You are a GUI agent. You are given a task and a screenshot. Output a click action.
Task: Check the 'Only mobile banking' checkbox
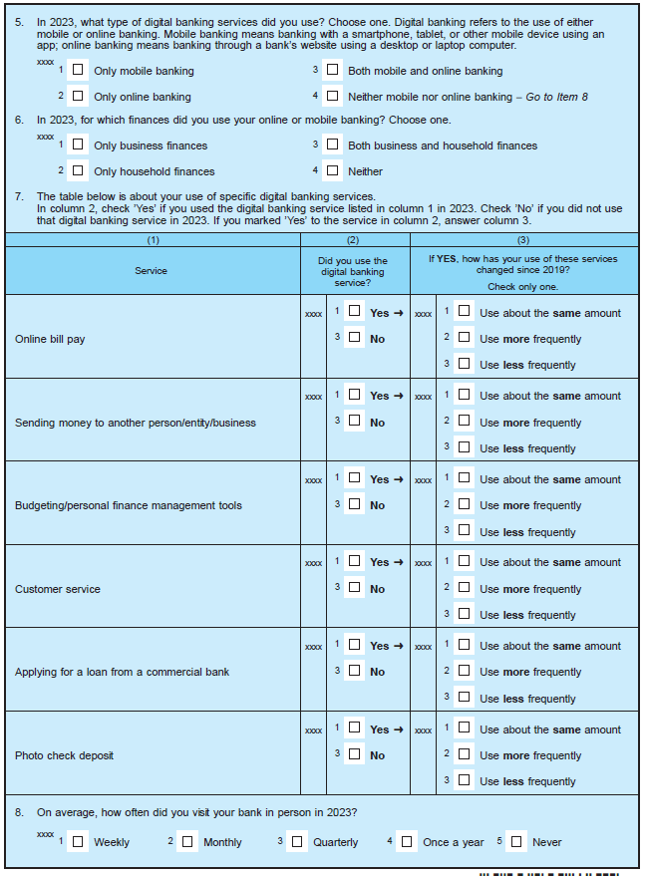point(78,70)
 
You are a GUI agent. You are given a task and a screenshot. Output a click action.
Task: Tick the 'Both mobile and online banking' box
point(332,70)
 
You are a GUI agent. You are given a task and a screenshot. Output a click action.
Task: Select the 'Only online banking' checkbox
point(78,96)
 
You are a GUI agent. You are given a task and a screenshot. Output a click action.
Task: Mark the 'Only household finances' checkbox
point(78,170)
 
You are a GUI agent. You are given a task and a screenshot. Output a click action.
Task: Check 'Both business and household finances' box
point(332,145)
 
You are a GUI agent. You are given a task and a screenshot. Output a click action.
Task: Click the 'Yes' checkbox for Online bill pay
point(354,311)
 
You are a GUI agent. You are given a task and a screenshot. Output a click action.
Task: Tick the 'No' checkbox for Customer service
point(354,587)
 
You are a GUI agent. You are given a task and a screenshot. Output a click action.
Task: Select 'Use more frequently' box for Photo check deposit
point(464,754)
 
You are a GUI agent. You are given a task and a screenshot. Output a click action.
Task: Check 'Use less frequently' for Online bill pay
point(464,364)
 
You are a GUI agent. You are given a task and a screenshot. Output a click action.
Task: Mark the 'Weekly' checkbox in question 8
point(78,841)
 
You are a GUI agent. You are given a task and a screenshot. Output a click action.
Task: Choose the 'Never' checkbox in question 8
point(515,841)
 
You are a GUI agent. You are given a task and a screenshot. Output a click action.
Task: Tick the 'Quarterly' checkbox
point(296,841)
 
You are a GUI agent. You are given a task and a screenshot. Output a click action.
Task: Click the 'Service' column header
point(152,270)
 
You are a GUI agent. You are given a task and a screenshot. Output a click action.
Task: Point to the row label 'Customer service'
point(58,589)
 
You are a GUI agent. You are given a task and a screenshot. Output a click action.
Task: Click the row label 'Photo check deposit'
point(64,755)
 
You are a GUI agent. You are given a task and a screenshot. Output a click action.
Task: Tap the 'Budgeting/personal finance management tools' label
point(129,505)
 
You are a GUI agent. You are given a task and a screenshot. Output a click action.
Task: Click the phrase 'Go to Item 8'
point(557,97)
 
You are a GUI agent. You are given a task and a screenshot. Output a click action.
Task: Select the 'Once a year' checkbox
point(406,841)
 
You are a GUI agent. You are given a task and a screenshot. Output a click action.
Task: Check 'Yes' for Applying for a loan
point(354,645)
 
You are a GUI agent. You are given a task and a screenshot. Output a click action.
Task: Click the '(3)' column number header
point(523,240)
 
